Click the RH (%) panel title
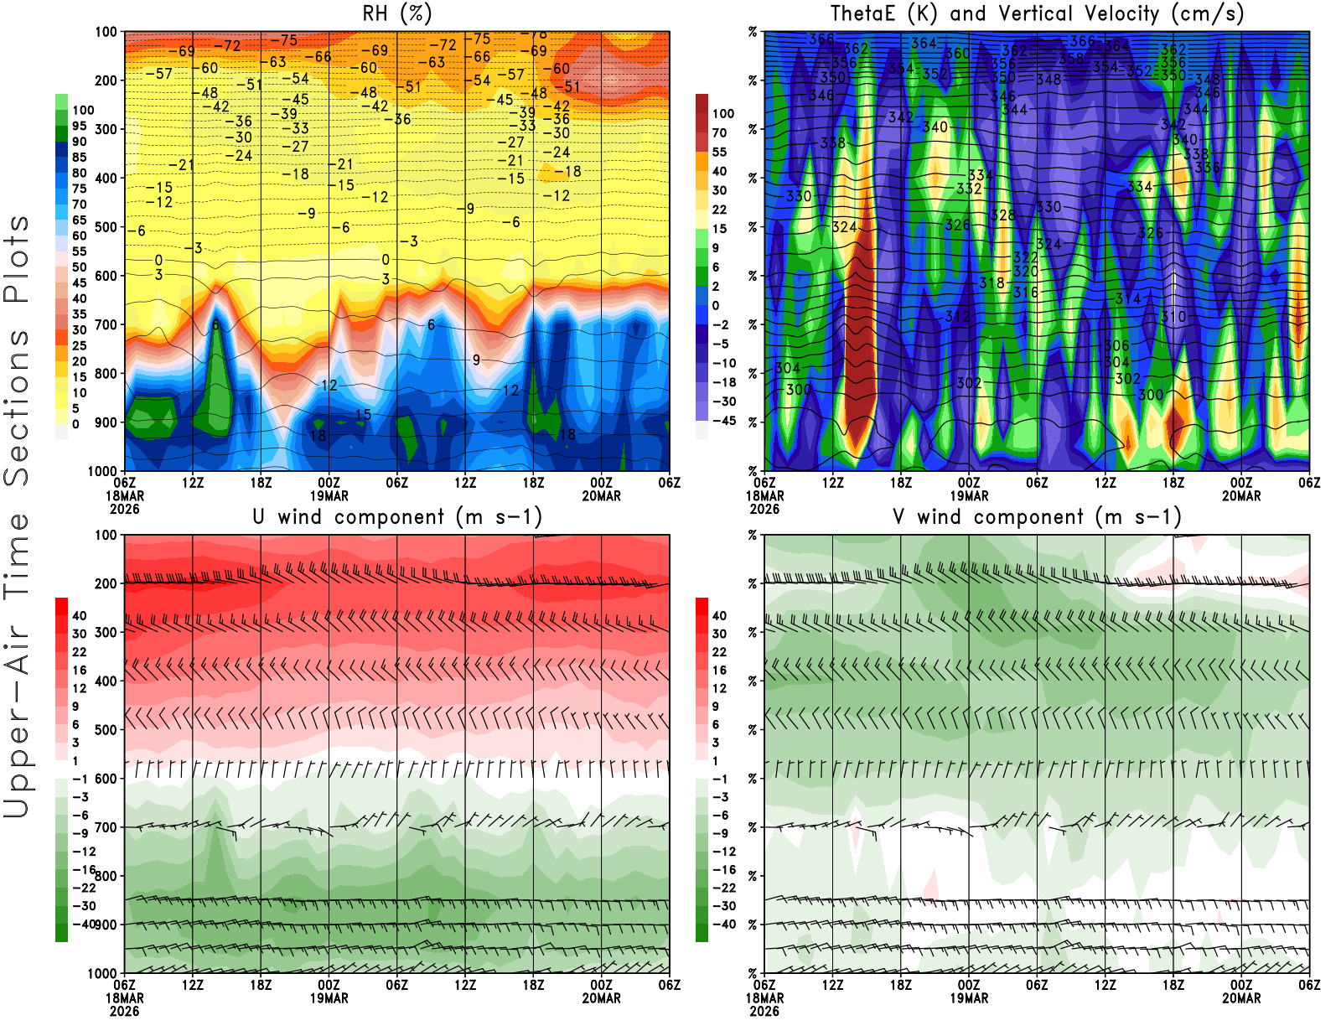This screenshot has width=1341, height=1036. tap(397, 13)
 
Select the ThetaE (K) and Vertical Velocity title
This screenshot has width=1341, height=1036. tap(1037, 13)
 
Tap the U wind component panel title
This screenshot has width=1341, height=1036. tap(397, 516)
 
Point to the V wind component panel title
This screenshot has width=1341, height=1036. tap(1037, 516)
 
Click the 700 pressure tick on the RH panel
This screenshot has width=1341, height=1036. tap(106, 324)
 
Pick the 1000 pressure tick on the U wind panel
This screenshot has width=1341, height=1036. tap(103, 973)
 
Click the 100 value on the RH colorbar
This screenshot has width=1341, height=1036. tap(83, 110)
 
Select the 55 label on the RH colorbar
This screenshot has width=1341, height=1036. tap(80, 251)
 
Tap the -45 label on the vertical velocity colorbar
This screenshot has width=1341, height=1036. tap(724, 421)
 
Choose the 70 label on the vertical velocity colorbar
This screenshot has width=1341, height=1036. tap(720, 132)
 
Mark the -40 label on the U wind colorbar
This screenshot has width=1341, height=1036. tap(84, 924)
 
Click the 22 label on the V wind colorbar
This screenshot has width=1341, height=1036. tap(720, 652)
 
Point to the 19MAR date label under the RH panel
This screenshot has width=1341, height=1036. tap(329, 496)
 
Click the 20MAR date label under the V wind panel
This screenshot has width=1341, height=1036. tap(1241, 998)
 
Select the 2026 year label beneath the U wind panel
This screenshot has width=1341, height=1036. tap(125, 1011)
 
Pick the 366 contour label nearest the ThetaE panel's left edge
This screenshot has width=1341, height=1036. tap(821, 39)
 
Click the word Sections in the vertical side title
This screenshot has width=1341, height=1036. tap(17, 407)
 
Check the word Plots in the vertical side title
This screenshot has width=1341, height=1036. tap(17, 260)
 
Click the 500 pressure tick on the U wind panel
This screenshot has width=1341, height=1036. tap(106, 729)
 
